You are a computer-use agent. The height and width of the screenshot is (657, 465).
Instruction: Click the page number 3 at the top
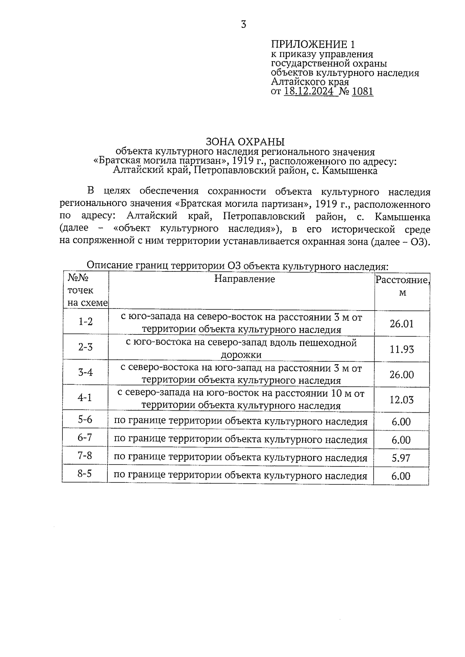(x=243, y=25)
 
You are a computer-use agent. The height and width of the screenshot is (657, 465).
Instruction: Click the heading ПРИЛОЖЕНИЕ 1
(x=313, y=44)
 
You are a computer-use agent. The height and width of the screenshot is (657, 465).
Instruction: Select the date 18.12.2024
(x=308, y=91)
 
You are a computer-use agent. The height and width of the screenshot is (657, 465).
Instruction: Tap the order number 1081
(x=362, y=91)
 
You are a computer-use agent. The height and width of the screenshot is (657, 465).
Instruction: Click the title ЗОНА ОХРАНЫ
(x=245, y=141)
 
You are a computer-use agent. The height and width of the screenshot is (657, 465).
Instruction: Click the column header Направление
(x=245, y=279)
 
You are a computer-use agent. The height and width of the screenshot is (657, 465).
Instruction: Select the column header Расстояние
(x=402, y=280)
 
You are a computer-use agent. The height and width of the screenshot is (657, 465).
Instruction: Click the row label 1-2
(x=86, y=321)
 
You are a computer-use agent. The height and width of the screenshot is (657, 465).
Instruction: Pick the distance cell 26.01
(x=401, y=324)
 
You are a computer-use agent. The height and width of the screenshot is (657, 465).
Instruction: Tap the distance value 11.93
(x=401, y=349)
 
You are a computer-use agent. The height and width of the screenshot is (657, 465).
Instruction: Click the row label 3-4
(x=85, y=372)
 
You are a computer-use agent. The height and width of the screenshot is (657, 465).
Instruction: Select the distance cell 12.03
(x=401, y=400)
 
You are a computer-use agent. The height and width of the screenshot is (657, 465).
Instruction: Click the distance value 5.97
(x=401, y=458)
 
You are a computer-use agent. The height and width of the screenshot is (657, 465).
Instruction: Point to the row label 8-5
(x=84, y=473)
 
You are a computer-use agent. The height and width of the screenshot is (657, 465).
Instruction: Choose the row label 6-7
(x=85, y=437)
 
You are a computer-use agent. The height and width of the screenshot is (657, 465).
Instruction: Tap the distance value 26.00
(x=401, y=374)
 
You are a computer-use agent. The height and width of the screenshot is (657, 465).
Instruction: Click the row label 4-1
(x=85, y=398)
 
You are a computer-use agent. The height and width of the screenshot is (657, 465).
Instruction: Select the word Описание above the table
(x=110, y=265)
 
